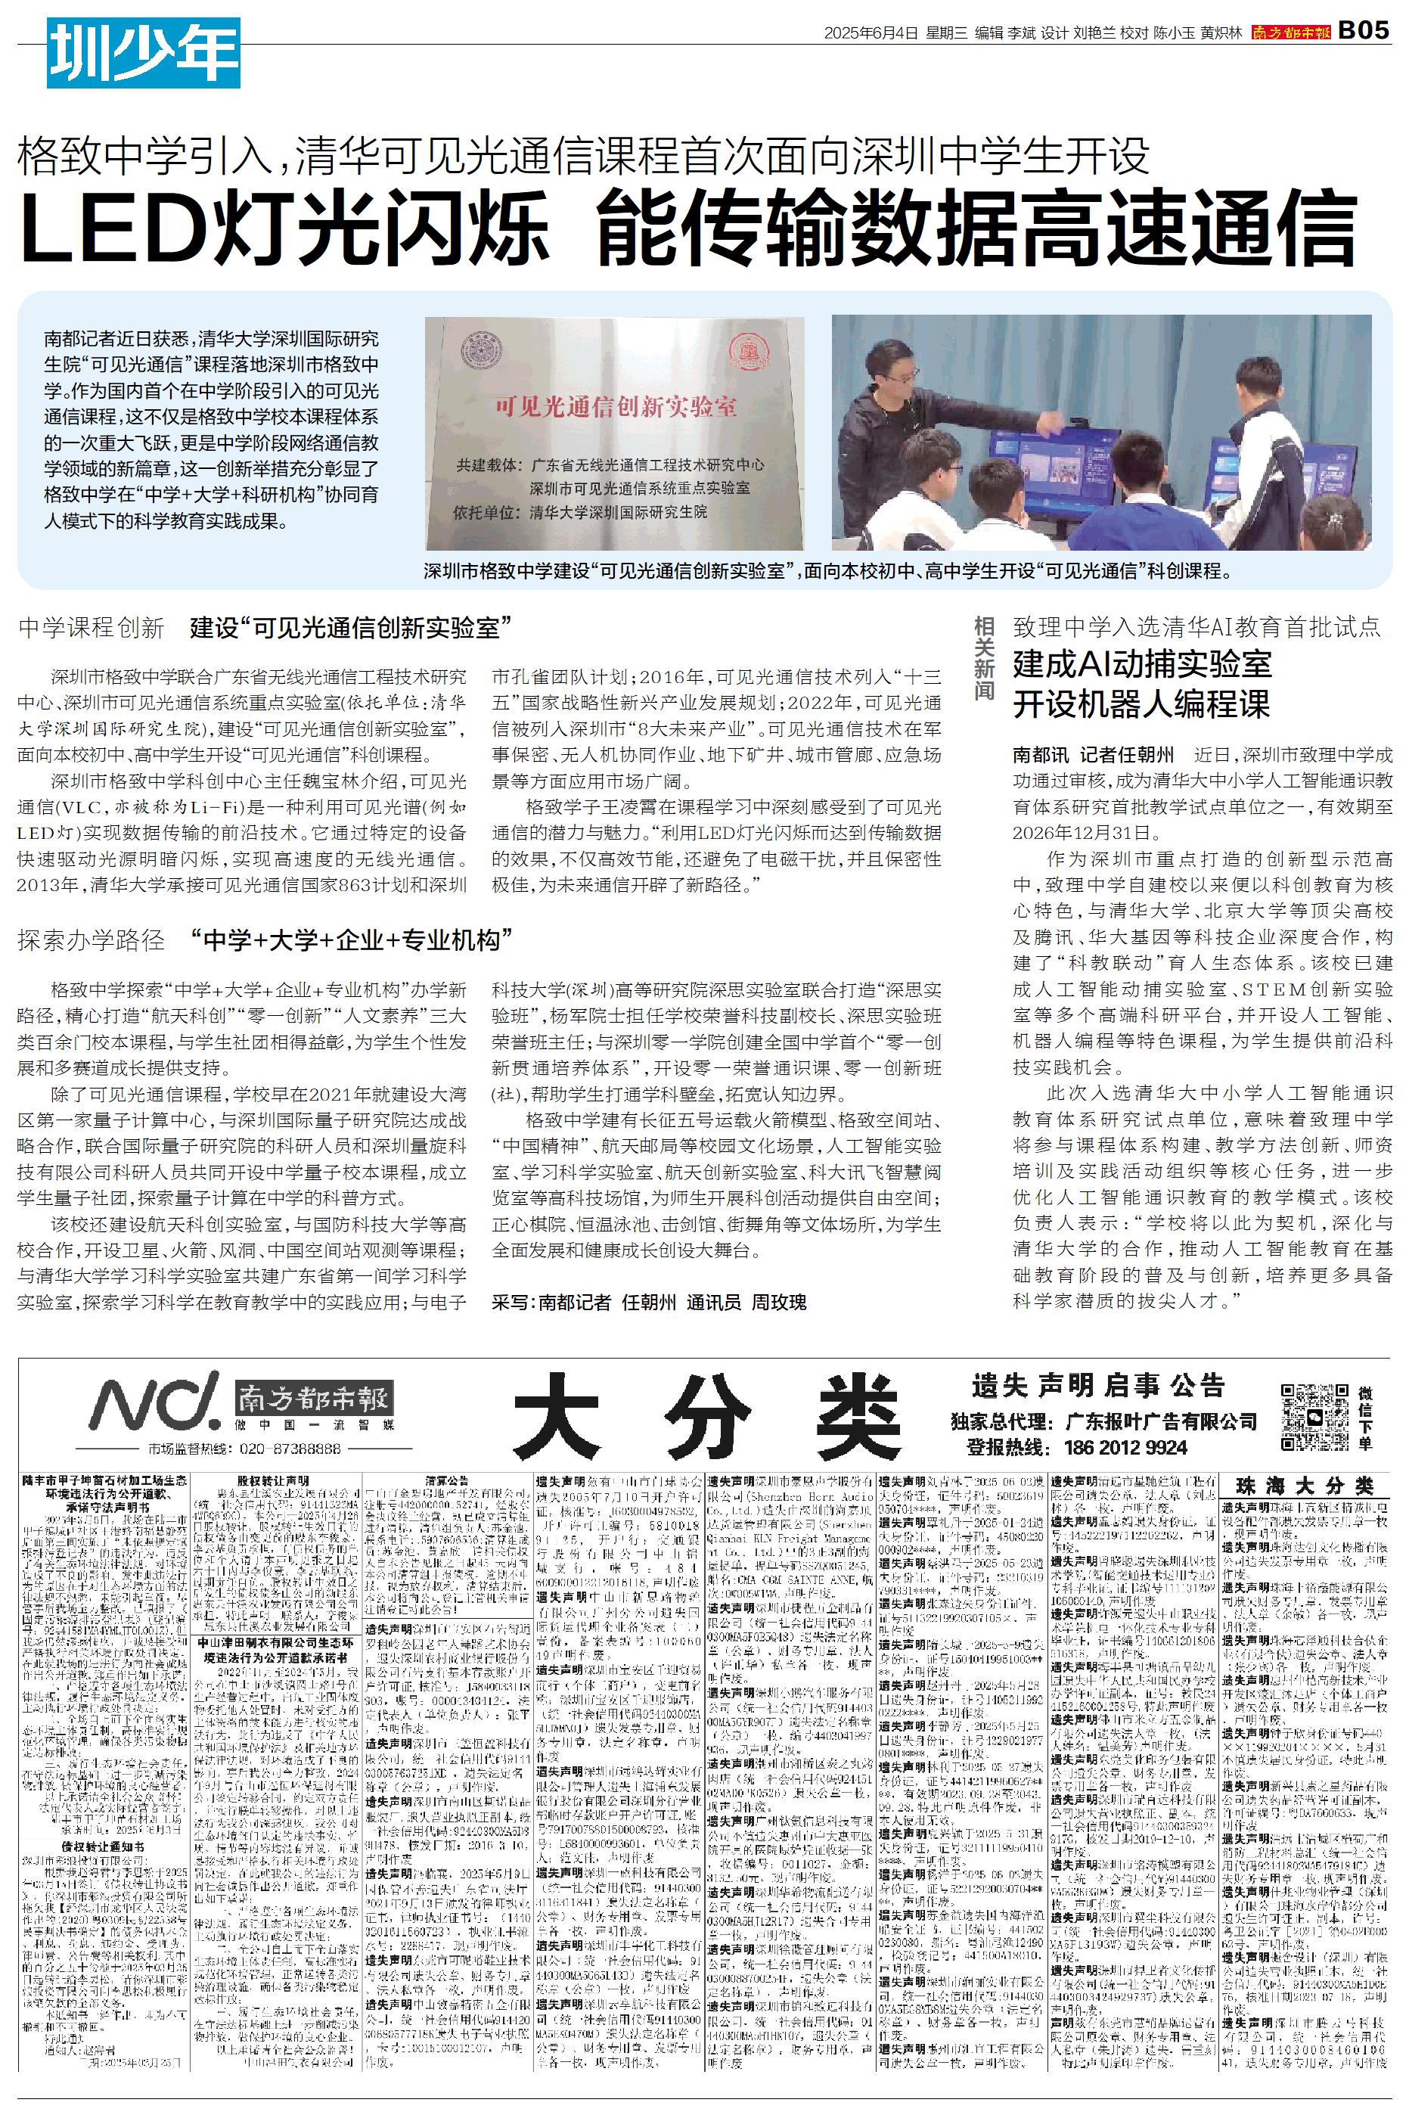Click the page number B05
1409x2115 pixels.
pyautogui.click(x=1364, y=32)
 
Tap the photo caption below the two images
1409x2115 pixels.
pyautogui.click(x=827, y=570)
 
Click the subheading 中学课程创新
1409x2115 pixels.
pyautogui.click(x=91, y=628)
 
